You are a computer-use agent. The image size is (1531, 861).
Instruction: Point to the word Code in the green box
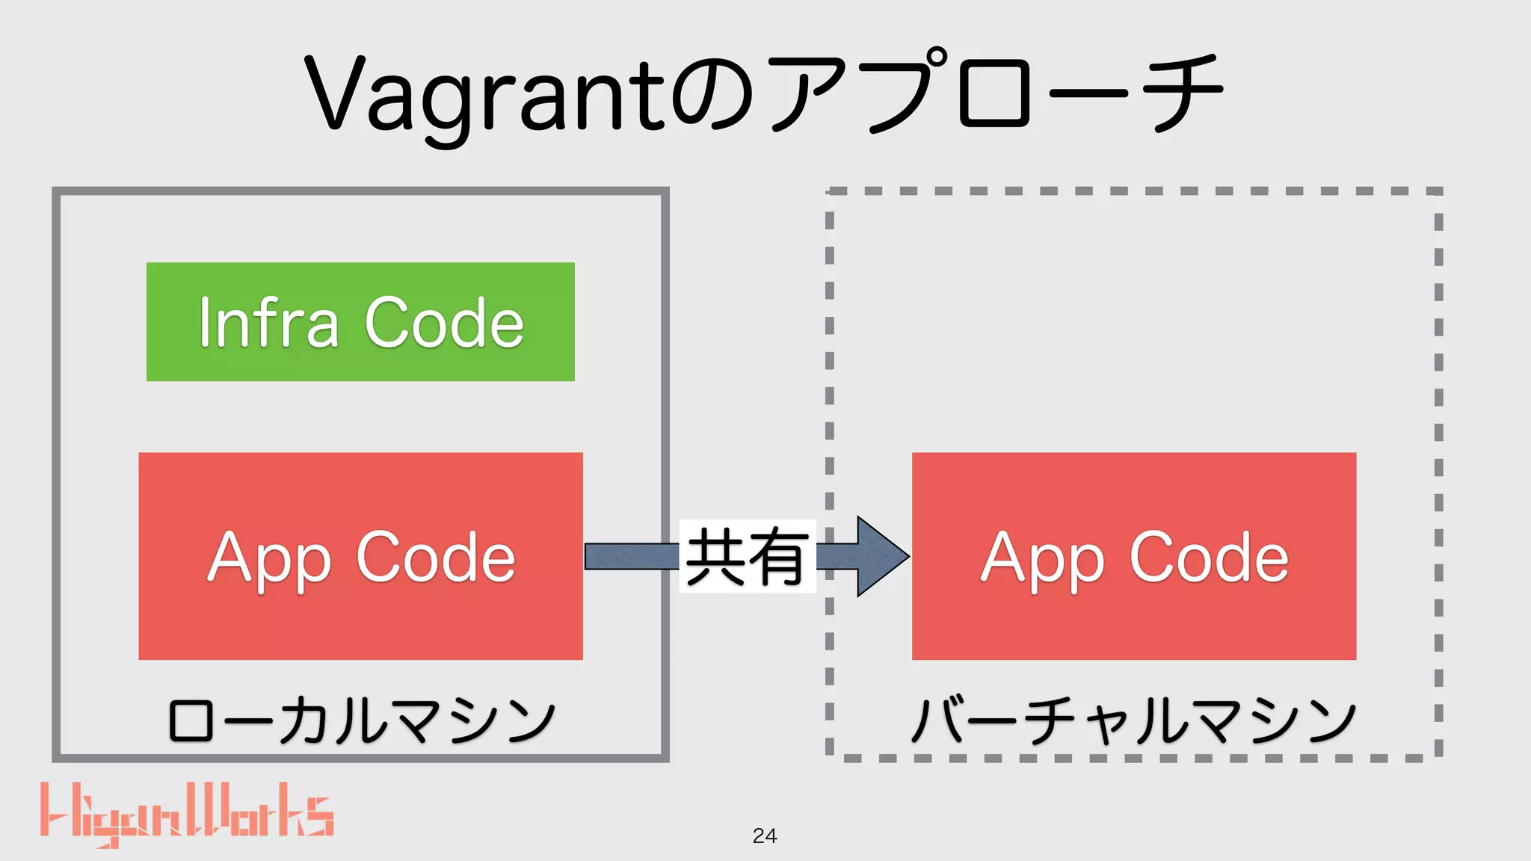pyautogui.click(x=444, y=323)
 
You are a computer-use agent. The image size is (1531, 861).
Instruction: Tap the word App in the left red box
pyautogui.click(x=269, y=559)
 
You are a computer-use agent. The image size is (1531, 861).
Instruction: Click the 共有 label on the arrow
pyautogui.click(x=747, y=556)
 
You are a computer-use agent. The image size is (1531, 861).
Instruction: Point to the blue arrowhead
pyautogui.click(x=881, y=556)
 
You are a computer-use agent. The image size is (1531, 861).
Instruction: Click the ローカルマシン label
pyautogui.click(x=362, y=720)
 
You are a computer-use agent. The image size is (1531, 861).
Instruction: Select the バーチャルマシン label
pyautogui.click(x=1133, y=720)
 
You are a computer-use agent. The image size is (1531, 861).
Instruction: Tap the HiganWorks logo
pyautogui.click(x=187, y=813)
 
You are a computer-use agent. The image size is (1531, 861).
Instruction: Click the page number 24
pyautogui.click(x=765, y=836)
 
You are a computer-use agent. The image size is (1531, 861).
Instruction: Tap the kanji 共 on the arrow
pyautogui.click(x=715, y=556)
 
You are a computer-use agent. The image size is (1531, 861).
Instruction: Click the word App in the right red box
pyautogui.click(x=1043, y=559)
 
